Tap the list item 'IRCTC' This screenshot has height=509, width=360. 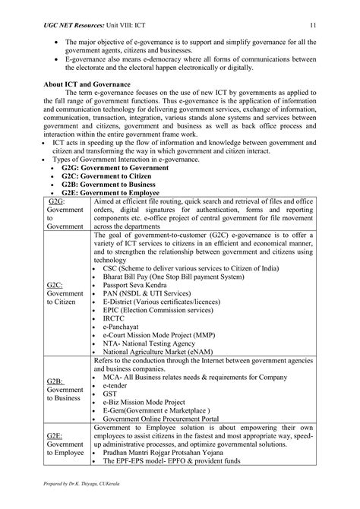click(x=113, y=318)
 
